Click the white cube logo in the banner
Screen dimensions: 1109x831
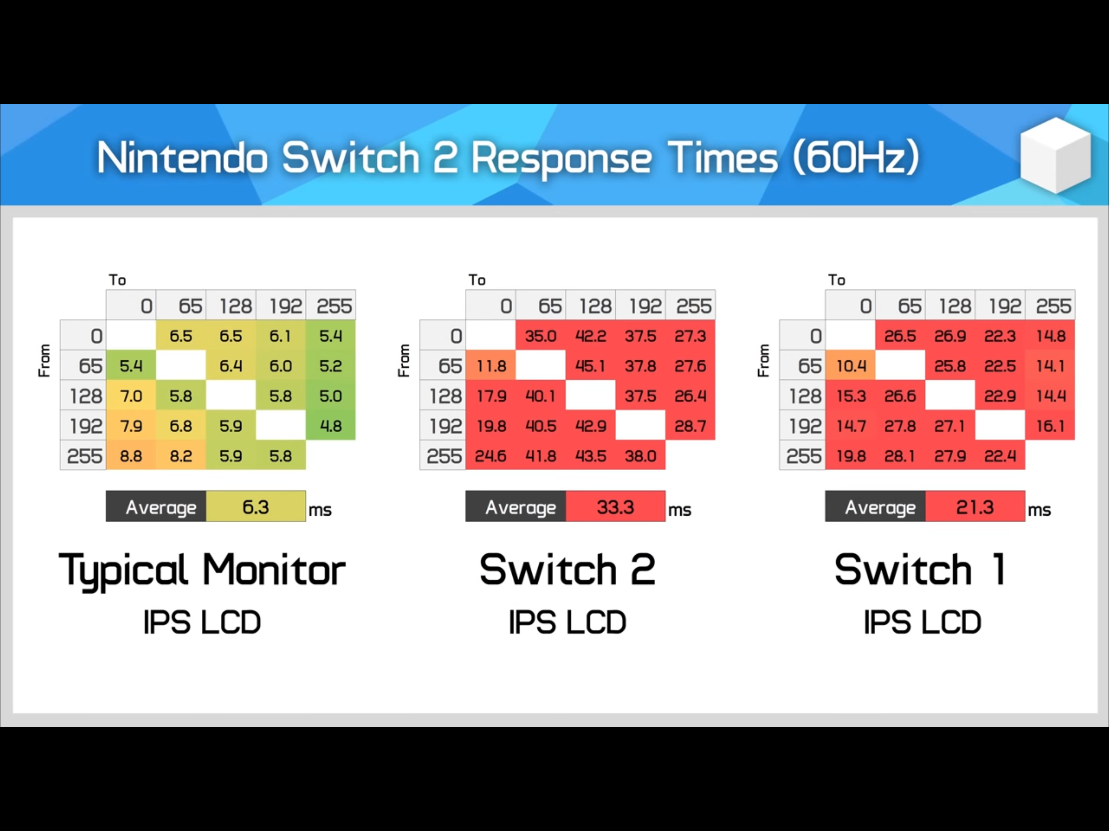(x=1055, y=155)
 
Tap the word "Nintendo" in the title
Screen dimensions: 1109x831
(x=181, y=158)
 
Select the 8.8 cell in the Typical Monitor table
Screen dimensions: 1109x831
(x=131, y=456)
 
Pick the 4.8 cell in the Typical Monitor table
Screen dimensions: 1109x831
(x=331, y=426)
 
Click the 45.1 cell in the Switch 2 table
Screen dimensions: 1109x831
(x=591, y=365)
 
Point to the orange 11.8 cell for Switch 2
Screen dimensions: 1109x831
(x=491, y=365)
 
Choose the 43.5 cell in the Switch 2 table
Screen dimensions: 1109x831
(x=591, y=456)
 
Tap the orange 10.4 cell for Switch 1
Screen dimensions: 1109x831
(x=850, y=365)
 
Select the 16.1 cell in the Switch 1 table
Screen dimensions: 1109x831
(x=1050, y=426)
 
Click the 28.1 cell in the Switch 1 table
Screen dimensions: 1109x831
(x=900, y=456)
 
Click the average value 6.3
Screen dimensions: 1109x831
(x=256, y=507)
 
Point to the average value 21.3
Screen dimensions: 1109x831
(x=975, y=507)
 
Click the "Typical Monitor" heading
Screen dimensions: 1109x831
(x=202, y=571)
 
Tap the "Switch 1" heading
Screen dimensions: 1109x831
(x=920, y=569)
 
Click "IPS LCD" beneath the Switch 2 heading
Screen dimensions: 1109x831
(x=567, y=622)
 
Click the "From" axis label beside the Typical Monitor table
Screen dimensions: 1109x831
(x=44, y=360)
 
